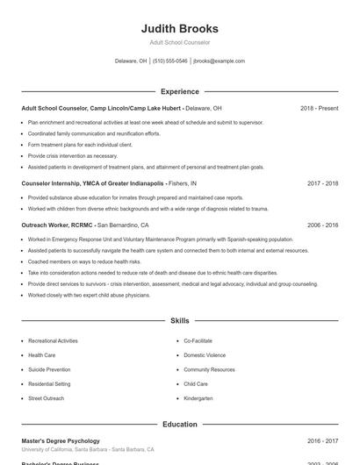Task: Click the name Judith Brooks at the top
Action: (179, 28)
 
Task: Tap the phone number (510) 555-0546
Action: (169, 61)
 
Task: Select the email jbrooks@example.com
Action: (219, 61)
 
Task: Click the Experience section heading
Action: (179, 91)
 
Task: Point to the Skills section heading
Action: (179, 321)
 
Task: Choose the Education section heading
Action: (179, 425)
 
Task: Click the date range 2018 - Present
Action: (319, 109)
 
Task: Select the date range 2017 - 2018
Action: (322, 184)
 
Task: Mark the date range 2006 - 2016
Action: (322, 225)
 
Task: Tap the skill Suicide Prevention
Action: (49, 369)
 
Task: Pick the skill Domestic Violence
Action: (205, 355)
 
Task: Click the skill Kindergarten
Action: (198, 398)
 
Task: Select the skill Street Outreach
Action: (46, 398)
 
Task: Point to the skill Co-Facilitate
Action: (198, 340)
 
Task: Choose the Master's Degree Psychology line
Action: (61, 440)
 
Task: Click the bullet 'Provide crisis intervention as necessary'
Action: (72, 155)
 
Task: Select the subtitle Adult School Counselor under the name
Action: (179, 42)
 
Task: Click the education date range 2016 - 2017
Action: (322, 440)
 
